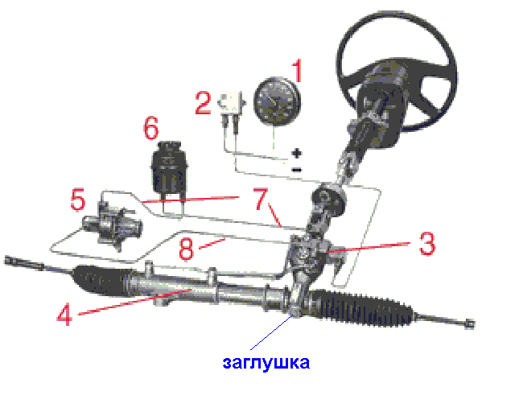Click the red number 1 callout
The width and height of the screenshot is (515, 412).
pyautogui.click(x=297, y=70)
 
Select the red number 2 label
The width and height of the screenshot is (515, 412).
pyautogui.click(x=203, y=103)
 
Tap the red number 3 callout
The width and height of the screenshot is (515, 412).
pyautogui.click(x=427, y=244)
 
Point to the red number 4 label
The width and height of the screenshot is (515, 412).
pyautogui.click(x=64, y=315)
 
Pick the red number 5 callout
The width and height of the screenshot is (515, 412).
pyautogui.click(x=78, y=199)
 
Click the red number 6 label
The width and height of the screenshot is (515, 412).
pyautogui.click(x=151, y=128)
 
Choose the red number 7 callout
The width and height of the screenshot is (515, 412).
pyautogui.click(x=261, y=198)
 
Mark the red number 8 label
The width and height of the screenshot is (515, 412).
pyautogui.click(x=186, y=249)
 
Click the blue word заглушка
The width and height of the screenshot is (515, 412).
pyautogui.click(x=266, y=363)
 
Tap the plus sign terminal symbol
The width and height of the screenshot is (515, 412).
pyautogui.click(x=297, y=153)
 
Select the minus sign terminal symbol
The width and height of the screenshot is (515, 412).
pyautogui.click(x=297, y=170)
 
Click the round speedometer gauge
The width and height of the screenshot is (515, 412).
pyautogui.click(x=277, y=102)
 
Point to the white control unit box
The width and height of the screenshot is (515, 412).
pyautogui.click(x=232, y=102)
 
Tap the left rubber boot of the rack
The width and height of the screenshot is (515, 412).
pyautogui.click(x=102, y=280)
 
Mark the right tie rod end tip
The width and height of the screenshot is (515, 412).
pyautogui.click(x=470, y=324)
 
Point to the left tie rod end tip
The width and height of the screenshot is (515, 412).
pyautogui.click(x=9, y=261)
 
